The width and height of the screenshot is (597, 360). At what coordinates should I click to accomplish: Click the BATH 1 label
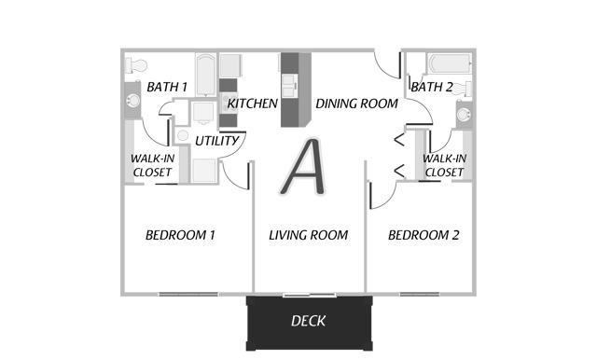coord(167,87)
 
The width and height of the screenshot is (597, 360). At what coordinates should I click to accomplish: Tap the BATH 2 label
coord(432,87)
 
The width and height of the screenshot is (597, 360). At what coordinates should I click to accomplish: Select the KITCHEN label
coord(253,104)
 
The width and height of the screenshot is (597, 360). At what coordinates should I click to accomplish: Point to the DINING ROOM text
coord(356,104)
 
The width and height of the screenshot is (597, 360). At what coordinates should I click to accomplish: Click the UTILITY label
coord(216,141)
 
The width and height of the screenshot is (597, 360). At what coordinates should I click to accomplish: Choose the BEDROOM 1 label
coord(180,235)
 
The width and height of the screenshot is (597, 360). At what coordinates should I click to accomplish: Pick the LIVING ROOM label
coord(308,235)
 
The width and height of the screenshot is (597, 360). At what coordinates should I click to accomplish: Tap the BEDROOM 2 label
coord(423,235)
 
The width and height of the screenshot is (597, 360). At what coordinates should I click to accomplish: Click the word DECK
coord(308,321)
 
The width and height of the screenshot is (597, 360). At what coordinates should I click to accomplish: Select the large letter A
coord(303,167)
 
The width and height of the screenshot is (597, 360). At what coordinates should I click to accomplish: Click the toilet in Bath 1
coord(136,65)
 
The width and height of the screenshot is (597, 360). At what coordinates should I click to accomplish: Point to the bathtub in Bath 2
coord(450,63)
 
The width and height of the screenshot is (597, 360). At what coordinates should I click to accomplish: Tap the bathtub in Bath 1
coord(206,75)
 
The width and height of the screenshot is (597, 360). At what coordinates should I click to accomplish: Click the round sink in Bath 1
coord(133,101)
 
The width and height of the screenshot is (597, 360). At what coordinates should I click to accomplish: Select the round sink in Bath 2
coord(464,115)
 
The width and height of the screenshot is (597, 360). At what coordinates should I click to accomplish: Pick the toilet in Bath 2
coord(464,90)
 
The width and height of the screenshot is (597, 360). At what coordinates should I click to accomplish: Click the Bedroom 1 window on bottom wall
coord(188,294)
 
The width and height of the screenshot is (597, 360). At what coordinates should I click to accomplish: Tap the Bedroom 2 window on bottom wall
coord(419,294)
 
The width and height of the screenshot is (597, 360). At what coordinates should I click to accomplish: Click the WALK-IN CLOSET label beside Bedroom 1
coord(152,165)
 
